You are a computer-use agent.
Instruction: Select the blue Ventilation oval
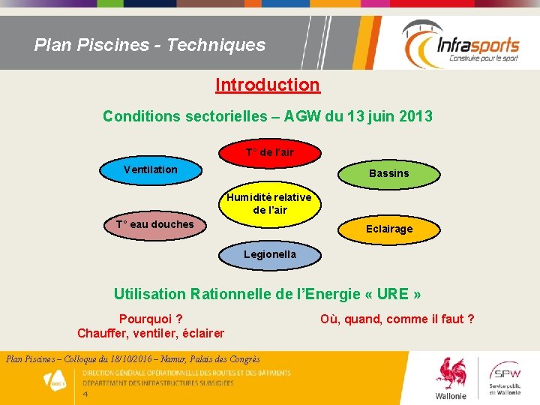[151, 169]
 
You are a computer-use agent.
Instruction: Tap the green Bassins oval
[388, 173]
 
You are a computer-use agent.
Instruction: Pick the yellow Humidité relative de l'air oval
[269, 203]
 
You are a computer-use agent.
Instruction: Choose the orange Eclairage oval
[388, 229]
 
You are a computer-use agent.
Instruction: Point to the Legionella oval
[269, 254]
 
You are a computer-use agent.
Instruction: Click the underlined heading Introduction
[267, 85]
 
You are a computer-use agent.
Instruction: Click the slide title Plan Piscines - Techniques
[150, 45]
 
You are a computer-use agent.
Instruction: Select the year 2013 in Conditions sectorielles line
[415, 116]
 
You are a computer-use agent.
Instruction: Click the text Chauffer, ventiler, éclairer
[150, 333]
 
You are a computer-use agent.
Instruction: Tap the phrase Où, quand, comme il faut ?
[397, 319]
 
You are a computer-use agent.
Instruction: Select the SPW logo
[509, 379]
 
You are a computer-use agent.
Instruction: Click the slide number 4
[85, 394]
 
